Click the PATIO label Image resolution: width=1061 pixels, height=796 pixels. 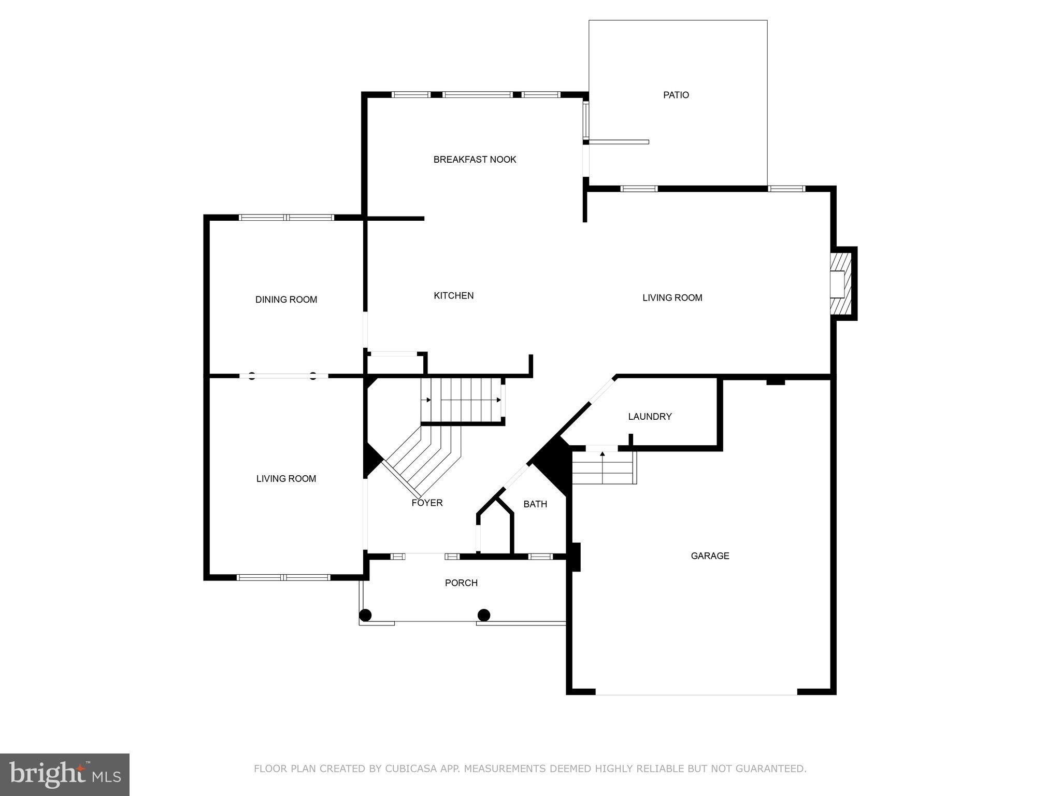[x=676, y=95]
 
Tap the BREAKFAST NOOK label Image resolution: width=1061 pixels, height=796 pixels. [x=475, y=159]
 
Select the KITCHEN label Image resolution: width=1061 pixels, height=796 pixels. [x=453, y=295]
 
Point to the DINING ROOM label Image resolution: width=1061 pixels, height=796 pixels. [x=286, y=299]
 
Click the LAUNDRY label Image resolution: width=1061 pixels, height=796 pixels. [x=650, y=416]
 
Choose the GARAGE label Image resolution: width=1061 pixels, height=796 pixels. [x=710, y=556]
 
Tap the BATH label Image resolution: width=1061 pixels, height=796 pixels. [x=535, y=504]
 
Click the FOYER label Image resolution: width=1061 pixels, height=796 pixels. [x=427, y=503]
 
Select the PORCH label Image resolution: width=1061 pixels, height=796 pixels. [x=461, y=582]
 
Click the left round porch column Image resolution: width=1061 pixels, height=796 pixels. [x=365, y=615]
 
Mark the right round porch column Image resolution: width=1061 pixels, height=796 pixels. [x=483, y=615]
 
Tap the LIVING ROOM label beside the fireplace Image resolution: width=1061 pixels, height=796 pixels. [x=672, y=297]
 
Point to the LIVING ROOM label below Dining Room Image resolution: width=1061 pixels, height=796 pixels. [x=286, y=478]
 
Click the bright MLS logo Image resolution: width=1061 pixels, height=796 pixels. [x=65, y=774]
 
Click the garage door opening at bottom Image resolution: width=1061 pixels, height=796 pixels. [x=696, y=691]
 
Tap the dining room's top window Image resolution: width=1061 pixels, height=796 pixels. [x=286, y=218]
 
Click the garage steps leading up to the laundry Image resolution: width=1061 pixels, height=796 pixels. [x=603, y=467]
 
